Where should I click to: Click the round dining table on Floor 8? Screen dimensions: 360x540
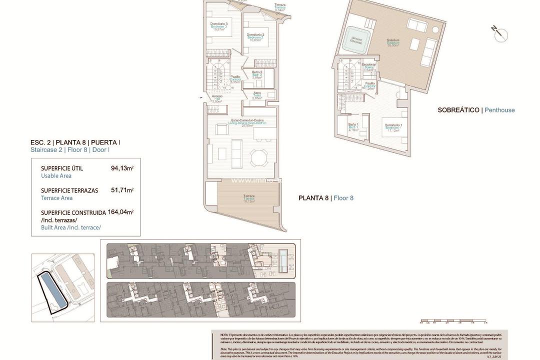[x=259, y=158]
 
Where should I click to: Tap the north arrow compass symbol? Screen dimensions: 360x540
[x=499, y=33]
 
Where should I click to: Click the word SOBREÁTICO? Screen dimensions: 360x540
[x=458, y=110]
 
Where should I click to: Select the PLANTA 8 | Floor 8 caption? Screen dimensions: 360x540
[x=326, y=198]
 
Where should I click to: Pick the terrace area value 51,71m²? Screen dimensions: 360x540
[x=122, y=190]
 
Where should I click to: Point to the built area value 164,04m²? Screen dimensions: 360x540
[x=120, y=212]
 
